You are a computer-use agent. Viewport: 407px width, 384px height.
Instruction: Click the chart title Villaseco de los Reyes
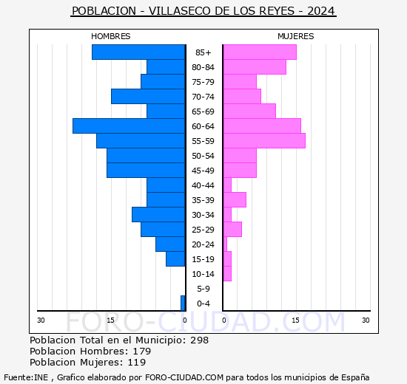(203, 11)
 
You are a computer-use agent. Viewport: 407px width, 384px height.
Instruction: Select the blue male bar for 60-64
(129, 126)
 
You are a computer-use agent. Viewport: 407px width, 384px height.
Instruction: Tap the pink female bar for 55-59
(264, 141)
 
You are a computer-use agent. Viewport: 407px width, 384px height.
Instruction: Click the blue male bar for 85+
(138, 52)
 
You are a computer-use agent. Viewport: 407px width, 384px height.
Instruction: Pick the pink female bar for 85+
(260, 52)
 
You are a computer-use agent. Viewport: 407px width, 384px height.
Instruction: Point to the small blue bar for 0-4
(183, 304)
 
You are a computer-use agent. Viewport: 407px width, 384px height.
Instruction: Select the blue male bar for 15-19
(175, 259)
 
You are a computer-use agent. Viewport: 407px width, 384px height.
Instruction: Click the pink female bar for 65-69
(249, 112)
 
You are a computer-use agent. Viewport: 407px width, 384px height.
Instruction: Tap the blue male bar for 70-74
(148, 97)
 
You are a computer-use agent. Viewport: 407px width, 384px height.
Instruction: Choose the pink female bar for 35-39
(235, 200)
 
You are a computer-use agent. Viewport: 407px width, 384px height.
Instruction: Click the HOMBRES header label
(111, 36)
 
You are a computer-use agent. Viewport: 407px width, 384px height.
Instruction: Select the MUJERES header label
(295, 36)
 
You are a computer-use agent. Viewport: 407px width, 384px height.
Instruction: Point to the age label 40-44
(203, 185)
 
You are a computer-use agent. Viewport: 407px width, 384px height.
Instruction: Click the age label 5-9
(203, 289)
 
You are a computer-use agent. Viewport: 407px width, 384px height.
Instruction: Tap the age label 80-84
(203, 67)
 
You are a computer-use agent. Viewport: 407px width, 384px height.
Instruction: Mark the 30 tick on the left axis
(41, 320)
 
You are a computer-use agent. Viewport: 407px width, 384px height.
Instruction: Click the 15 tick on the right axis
(295, 320)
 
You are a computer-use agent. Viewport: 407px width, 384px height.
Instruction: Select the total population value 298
(199, 340)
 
